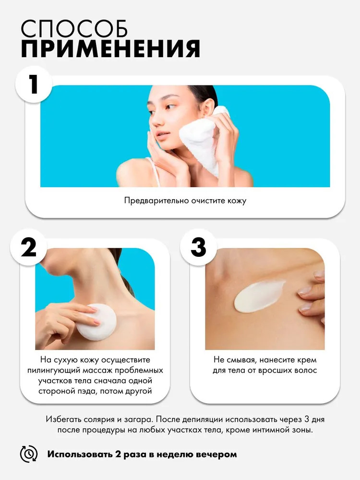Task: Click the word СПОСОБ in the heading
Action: point(74,29)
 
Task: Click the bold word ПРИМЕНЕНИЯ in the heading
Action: point(110,48)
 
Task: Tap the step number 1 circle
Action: point(34,84)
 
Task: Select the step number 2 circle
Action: point(29,247)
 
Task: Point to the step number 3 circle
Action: point(198,247)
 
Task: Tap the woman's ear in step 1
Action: point(208,107)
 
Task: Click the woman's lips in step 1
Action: point(162,135)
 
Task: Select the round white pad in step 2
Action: point(96,322)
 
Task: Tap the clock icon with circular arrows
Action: point(29,454)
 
